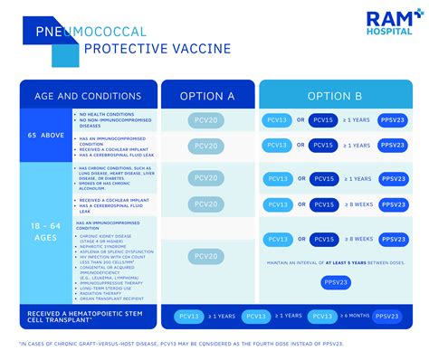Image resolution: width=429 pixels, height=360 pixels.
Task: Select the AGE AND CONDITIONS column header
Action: pos(88,95)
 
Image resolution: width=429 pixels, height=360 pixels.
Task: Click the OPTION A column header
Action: pos(207,95)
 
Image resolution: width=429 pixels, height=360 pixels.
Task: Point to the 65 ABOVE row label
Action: pos(44,136)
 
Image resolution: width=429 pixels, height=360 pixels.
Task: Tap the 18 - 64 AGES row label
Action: pos(44,231)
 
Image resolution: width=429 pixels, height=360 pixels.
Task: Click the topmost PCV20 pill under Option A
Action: pos(207,120)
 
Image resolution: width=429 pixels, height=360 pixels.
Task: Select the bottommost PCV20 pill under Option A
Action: pos(207,257)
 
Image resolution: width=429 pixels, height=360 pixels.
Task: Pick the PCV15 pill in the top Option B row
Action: pos(325,120)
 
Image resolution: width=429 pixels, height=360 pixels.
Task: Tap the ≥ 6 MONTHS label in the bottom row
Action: pos(355,316)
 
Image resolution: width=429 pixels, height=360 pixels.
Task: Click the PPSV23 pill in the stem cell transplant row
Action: pos(388,316)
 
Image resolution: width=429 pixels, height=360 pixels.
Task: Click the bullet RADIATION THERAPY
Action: pos(100,291)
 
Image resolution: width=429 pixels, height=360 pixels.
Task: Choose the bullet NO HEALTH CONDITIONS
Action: pos(105,114)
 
